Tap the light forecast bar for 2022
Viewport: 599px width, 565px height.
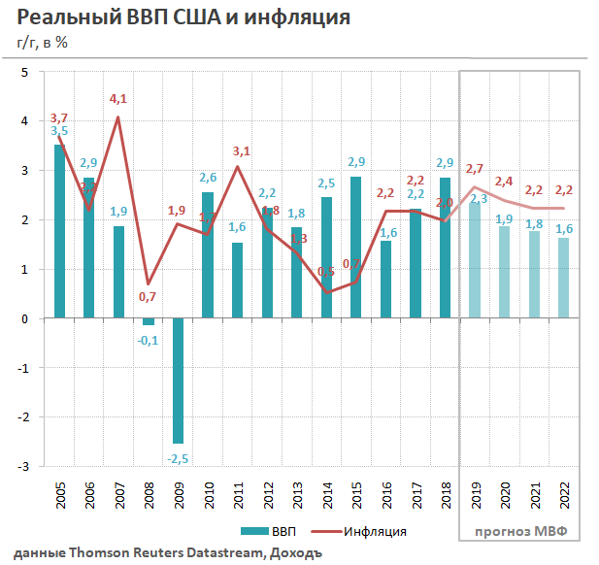[564, 278]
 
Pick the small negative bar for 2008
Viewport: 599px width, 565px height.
[149, 322]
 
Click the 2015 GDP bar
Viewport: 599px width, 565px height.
[355, 247]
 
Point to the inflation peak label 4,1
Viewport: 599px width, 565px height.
[118, 99]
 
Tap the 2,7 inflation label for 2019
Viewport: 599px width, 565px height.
[475, 169]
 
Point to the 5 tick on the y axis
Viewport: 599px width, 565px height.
[24, 72]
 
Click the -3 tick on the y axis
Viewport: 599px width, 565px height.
[23, 467]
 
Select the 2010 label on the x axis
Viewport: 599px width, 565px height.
[208, 498]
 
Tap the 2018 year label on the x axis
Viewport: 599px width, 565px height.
[446, 498]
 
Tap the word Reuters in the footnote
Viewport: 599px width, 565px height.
[147, 552]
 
